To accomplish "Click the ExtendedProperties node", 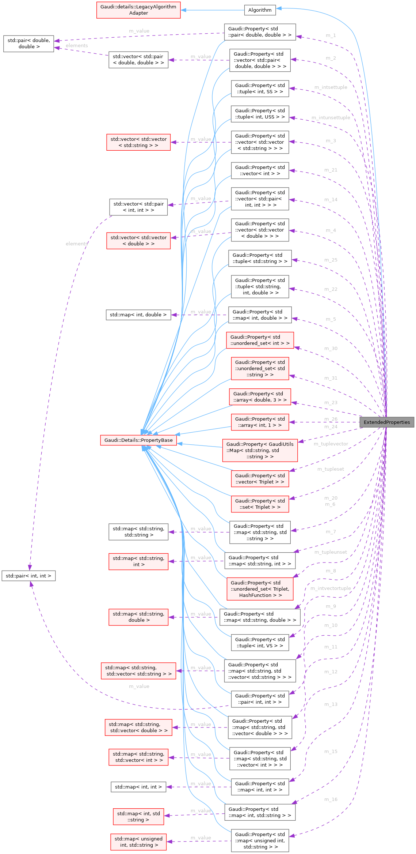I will (387, 422).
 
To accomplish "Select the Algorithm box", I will (260, 10).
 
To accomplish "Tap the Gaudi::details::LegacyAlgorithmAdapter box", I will (138, 10).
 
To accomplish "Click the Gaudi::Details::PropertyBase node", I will (138, 440).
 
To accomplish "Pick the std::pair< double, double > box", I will (28, 44).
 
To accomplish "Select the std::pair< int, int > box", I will (28, 576).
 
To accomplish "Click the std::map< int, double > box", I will (138, 315).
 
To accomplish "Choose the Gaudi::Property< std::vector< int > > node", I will (260, 170).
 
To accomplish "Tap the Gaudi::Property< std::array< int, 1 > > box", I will (260, 422).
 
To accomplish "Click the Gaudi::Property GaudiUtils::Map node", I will (260, 450).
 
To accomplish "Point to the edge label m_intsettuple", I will (331, 87).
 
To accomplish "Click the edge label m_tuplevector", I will (331, 444).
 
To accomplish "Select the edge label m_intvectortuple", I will (331, 588).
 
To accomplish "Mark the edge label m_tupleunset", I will (331, 552).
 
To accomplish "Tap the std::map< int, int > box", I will (138, 787).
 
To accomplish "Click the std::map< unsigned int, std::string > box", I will (138, 842).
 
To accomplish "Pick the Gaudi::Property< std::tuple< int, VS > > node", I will (260, 642).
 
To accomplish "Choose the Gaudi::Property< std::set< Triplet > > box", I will (260, 504).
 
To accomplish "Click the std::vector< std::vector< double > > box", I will (138, 241).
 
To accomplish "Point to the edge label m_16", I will (331, 800).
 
